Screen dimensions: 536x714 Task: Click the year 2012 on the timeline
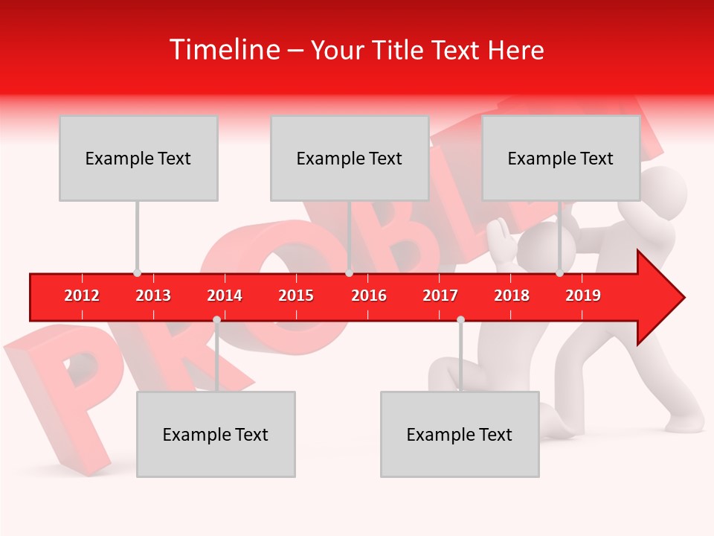point(82,296)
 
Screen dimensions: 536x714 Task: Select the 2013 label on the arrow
point(153,296)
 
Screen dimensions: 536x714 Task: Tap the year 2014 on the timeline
point(225,296)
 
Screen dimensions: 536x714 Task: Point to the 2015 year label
point(296,296)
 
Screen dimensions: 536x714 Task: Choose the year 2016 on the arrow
point(369,296)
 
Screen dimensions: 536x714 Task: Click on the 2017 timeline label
point(440,296)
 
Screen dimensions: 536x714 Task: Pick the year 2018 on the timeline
point(512,296)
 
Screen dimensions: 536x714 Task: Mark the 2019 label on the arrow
point(583,296)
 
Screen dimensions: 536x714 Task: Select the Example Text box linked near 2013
point(138,158)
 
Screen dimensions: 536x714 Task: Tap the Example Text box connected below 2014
point(216,434)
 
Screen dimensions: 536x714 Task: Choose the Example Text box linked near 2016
point(350,158)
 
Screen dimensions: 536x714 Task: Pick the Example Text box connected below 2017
point(460,434)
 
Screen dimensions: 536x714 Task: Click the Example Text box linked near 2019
point(561,158)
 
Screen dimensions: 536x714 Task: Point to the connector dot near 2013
point(137,273)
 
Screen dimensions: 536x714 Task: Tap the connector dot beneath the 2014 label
point(216,320)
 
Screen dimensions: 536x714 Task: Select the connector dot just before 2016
point(349,273)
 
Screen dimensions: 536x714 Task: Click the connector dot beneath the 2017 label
point(460,320)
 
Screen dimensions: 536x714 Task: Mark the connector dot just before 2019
point(559,273)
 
